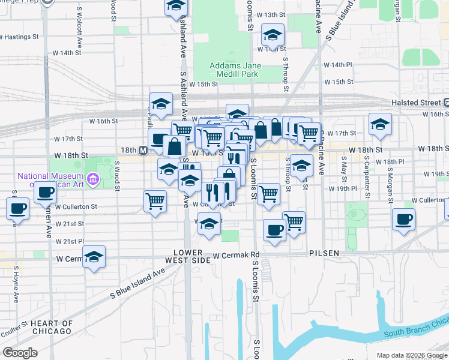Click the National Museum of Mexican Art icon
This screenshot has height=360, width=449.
(x=92, y=179)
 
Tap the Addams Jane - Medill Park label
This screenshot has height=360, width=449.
(x=234, y=70)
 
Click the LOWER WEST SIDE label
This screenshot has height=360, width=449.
(x=191, y=257)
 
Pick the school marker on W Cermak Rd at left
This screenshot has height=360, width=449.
(x=94, y=257)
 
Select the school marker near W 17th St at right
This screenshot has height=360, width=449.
(x=380, y=124)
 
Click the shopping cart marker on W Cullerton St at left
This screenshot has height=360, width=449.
(x=155, y=200)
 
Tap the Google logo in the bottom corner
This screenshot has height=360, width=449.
(x=20, y=353)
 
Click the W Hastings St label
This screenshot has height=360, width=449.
(x=19, y=37)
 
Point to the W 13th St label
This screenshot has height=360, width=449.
(x=270, y=14)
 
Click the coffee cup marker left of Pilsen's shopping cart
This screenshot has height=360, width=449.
(x=275, y=230)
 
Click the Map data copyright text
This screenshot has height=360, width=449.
(x=411, y=355)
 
